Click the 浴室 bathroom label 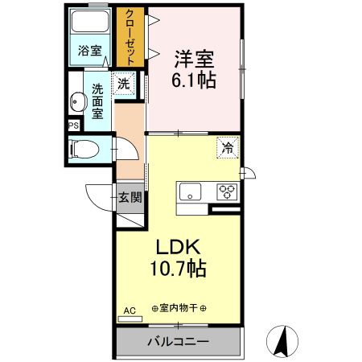coord(89,51)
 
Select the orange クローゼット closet coord(129,37)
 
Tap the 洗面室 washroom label coord(97,101)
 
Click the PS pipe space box coord(73,125)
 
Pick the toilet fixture coord(83,149)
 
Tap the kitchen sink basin coord(191,191)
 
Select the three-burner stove coord(228,191)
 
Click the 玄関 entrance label coord(130,196)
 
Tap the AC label coord(129,310)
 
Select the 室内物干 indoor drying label coord(175,309)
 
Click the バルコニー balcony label coord(178,342)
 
